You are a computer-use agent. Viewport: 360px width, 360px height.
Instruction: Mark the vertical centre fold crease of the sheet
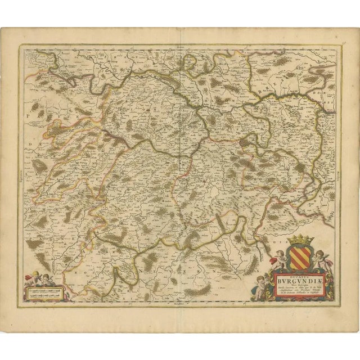179,180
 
